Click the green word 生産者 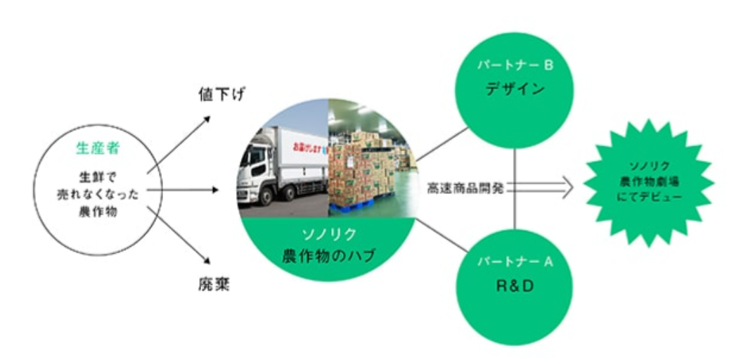click(95, 149)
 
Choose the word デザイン click(515, 90)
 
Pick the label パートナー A click(515, 262)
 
